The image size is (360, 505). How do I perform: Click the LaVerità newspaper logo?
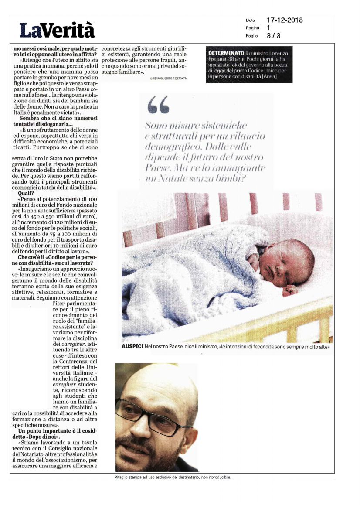click(x=57, y=30)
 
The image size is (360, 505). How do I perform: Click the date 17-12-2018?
click(x=285, y=20)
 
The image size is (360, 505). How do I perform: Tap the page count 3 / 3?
click(x=274, y=36)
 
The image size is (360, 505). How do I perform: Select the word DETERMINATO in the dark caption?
click(x=226, y=53)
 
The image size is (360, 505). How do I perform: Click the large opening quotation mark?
click(x=158, y=105)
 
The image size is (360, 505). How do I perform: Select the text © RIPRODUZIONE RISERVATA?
click(x=168, y=78)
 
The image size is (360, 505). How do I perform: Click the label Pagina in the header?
click(x=252, y=28)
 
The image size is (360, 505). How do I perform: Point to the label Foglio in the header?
click(x=251, y=36)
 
